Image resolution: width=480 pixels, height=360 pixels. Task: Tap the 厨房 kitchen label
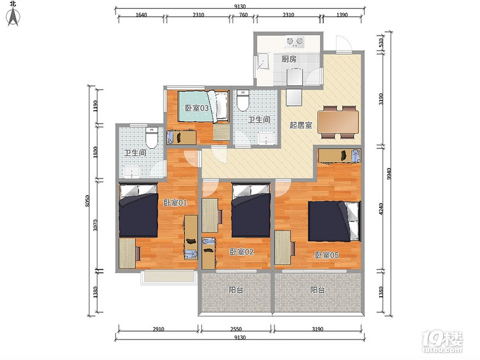[289, 59]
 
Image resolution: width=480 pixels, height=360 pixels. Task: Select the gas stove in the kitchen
[295, 42]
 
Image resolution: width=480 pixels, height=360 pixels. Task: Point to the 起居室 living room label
[301, 125]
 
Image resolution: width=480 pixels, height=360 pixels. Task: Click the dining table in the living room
[338, 121]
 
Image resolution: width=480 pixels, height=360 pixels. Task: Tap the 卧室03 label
[197, 108]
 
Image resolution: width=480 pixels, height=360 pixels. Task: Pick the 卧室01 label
[175, 202]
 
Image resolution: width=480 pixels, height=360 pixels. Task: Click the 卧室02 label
[242, 252]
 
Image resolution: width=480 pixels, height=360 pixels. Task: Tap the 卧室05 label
[327, 255]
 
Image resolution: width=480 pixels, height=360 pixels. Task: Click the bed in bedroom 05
[334, 221]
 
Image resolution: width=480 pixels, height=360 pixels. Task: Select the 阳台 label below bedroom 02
[236, 290]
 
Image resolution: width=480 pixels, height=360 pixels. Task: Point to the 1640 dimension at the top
[141, 15]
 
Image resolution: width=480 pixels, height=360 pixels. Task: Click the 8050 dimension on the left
[87, 201]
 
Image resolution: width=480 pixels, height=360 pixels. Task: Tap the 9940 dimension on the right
[389, 174]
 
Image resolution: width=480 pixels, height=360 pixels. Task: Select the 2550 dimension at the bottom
[236, 329]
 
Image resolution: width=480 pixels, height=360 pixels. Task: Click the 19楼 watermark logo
[442, 342]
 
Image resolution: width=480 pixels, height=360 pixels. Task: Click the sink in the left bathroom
[132, 172]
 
